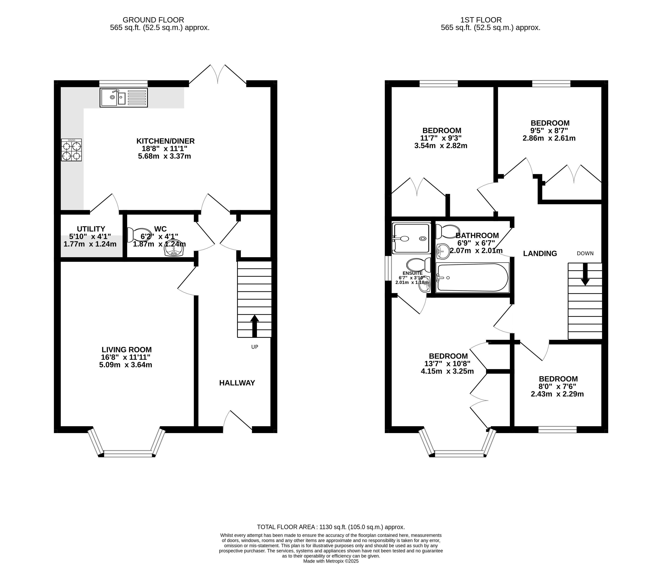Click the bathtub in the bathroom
click(x=472, y=277)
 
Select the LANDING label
click(x=540, y=253)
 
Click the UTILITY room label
click(x=91, y=229)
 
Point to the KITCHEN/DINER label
click(x=166, y=141)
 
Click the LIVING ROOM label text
click(x=126, y=350)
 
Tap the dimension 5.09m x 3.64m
click(x=126, y=365)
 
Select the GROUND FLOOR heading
click(x=153, y=20)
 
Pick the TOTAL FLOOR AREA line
click(x=331, y=527)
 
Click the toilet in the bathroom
click(x=448, y=231)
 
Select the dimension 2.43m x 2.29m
click(x=557, y=394)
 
